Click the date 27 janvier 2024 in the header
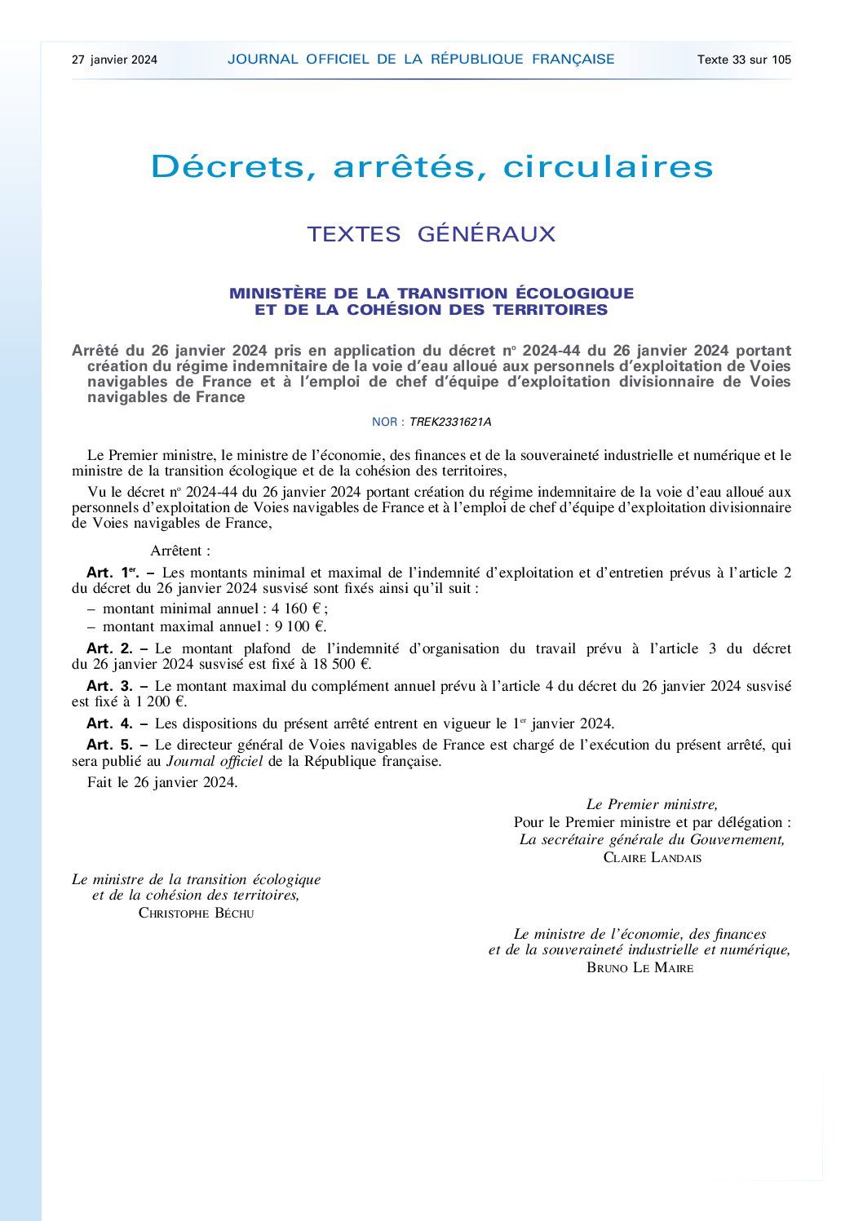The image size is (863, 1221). point(114,60)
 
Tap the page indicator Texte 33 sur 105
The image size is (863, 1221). point(744,60)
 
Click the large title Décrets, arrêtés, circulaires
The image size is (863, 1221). point(431,166)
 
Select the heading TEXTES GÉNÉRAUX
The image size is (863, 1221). point(431,234)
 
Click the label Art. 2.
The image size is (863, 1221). point(109,649)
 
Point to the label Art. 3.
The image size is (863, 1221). point(109,687)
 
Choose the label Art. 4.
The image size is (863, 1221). point(109,723)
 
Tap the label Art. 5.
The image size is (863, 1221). point(109,745)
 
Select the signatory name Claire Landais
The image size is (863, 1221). point(652,858)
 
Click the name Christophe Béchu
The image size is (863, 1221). point(196,914)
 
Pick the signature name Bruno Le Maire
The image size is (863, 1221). point(640,968)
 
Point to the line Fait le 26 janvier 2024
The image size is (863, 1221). point(162,783)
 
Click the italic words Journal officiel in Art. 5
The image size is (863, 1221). point(214,762)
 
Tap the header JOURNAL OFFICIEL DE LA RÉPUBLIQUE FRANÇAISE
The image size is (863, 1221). point(421,60)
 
